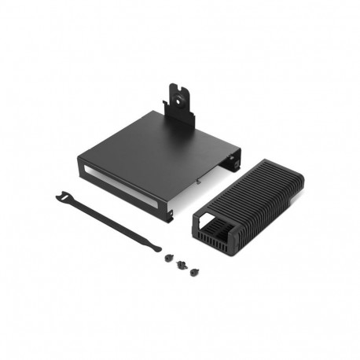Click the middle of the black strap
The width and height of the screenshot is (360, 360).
click(x=110, y=222)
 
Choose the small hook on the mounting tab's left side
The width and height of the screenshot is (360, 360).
click(x=167, y=106)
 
